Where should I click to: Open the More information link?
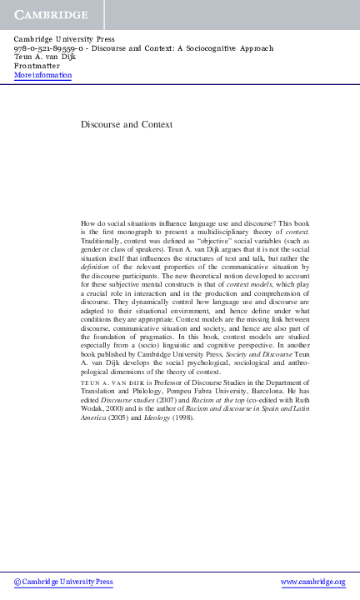pos(42,76)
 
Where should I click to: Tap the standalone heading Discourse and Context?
pos(127,124)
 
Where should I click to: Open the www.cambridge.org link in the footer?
pos(312,582)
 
